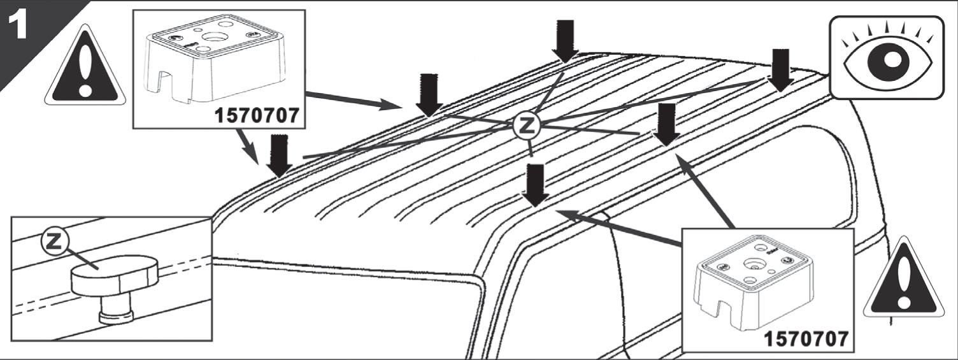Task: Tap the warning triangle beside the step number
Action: click(x=85, y=68)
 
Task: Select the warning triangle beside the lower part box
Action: click(x=904, y=280)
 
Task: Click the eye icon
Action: click(x=887, y=58)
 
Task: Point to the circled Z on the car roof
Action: click(x=526, y=125)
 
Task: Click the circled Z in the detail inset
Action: click(x=54, y=242)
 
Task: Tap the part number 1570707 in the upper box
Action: click(x=257, y=115)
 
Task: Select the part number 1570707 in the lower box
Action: click(x=806, y=339)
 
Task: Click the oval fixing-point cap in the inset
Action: click(x=115, y=275)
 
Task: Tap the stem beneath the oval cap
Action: click(x=117, y=310)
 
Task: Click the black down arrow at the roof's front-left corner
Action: click(x=279, y=156)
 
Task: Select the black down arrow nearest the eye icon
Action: click(x=780, y=70)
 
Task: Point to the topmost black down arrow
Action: click(x=566, y=41)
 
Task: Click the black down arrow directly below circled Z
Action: click(x=535, y=186)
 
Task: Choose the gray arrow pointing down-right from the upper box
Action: click(x=247, y=145)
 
